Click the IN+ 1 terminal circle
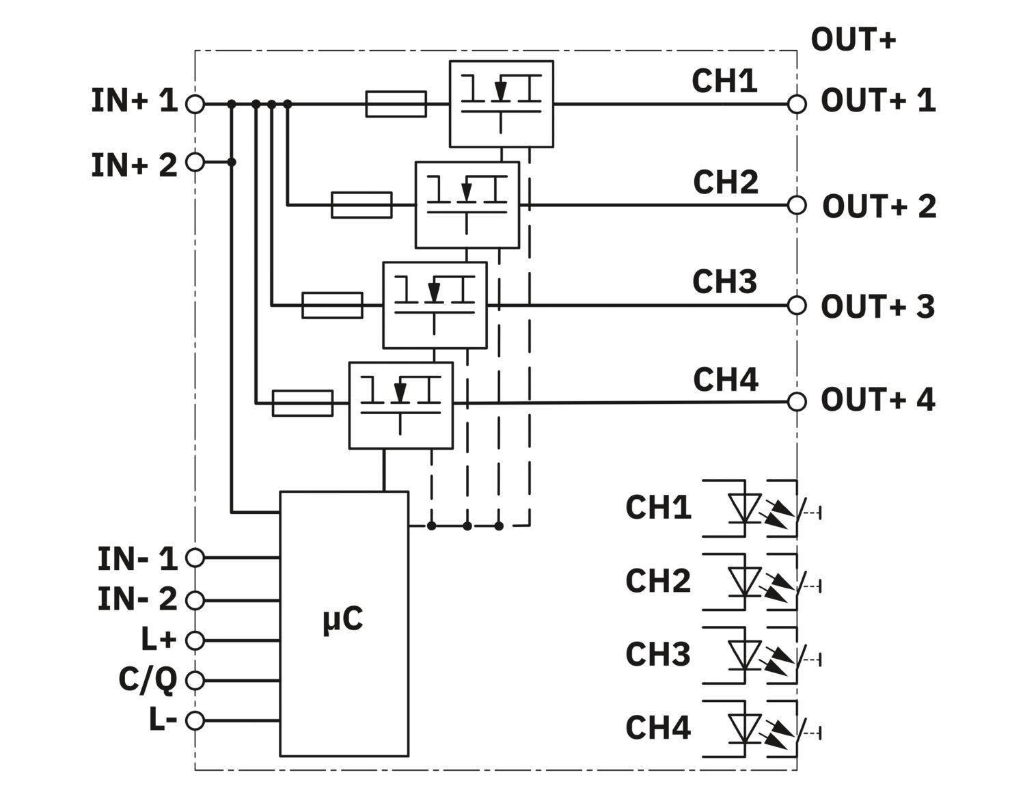pyautogui.click(x=195, y=104)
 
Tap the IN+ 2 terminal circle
pyautogui.click(x=195, y=162)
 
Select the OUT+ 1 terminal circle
pyautogui.click(x=797, y=104)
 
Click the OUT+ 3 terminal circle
pyautogui.click(x=797, y=306)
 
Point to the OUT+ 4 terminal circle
pyautogui.click(x=797, y=402)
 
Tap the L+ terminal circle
pyautogui.click(x=195, y=640)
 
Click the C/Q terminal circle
pyautogui.click(x=195, y=681)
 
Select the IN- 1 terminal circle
pyautogui.click(x=195, y=558)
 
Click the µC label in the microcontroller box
pyautogui.click(x=343, y=619)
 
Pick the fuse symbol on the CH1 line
pyautogui.click(x=396, y=104)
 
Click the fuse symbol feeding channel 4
pyautogui.click(x=303, y=403)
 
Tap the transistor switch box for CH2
pyautogui.click(x=467, y=205)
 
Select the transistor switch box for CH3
pyautogui.click(x=435, y=306)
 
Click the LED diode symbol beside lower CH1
pyautogui.click(x=745, y=508)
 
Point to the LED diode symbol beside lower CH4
pyautogui.click(x=745, y=729)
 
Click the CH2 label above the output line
pyautogui.click(x=726, y=182)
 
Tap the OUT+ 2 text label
pyautogui.click(x=879, y=206)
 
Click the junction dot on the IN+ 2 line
pyautogui.click(x=232, y=162)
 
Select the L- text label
pyautogui.click(x=163, y=720)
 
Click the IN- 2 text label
pyautogui.click(x=137, y=599)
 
